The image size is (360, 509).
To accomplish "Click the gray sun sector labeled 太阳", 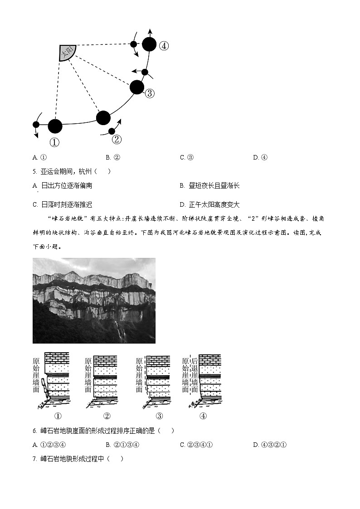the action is pyautogui.click(x=68, y=53).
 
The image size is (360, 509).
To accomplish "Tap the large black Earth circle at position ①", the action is pyautogui.click(x=55, y=126).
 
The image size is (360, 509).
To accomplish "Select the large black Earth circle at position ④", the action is pyautogui.click(x=149, y=44).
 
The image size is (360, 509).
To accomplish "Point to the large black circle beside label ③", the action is pyautogui.click(x=137, y=87).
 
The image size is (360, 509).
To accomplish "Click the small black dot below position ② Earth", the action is pyautogui.click(x=112, y=131).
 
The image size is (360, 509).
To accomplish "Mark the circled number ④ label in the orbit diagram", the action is pyautogui.click(x=164, y=46).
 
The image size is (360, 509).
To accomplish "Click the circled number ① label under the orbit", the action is pyautogui.click(x=54, y=142).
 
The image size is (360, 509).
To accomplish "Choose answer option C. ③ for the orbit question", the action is pyautogui.click(x=187, y=158).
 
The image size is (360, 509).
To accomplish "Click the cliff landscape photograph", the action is pyautogui.click(x=94, y=301).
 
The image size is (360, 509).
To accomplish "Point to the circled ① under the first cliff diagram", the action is pyautogui.click(x=58, y=416).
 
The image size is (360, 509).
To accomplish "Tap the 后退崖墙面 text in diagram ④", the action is pyautogui.click(x=194, y=374).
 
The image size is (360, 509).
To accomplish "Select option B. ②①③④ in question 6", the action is pyautogui.click(x=122, y=445).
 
